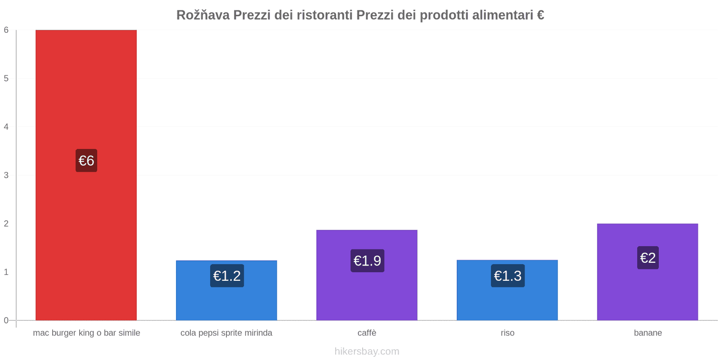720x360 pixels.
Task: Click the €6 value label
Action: click(86, 161)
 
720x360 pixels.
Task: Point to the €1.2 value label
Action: click(227, 276)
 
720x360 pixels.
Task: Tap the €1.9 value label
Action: click(367, 261)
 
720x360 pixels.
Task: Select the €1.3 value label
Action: click(508, 276)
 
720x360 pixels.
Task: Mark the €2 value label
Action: click(648, 258)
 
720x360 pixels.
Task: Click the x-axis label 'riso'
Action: click(507, 333)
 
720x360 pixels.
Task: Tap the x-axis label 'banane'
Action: click(648, 333)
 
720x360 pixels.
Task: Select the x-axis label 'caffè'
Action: click(367, 333)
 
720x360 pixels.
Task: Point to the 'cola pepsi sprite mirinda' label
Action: click(226, 333)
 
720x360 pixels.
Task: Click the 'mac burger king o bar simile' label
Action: click(86, 333)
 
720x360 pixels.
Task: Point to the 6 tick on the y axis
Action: click(6, 30)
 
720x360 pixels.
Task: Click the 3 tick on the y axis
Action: click(6, 175)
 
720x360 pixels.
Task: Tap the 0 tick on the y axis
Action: click(6, 320)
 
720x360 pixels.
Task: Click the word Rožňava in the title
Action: click(203, 15)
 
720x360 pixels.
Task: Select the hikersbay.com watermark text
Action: click(367, 351)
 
